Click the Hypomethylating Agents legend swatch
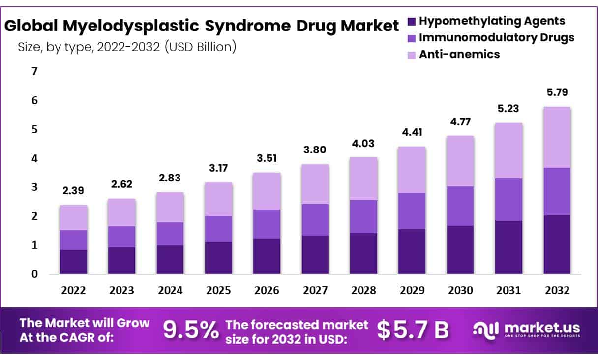click(x=412, y=21)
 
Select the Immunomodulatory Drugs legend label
click(x=496, y=37)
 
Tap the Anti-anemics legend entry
click(x=459, y=54)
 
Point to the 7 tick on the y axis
click(x=34, y=72)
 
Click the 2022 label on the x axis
click(x=73, y=291)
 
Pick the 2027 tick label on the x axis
click(x=315, y=291)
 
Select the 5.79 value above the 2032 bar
click(x=557, y=92)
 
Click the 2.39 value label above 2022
click(x=73, y=190)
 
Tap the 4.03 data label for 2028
click(x=363, y=143)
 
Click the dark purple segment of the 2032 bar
click(x=557, y=244)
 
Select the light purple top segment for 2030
click(x=460, y=161)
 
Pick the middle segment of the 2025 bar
click(x=218, y=229)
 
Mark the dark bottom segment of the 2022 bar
click(x=73, y=262)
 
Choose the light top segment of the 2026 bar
click(x=267, y=191)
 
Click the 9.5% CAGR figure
click(x=191, y=330)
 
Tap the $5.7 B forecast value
click(x=413, y=330)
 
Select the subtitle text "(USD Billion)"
click(x=201, y=47)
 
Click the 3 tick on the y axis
click(x=34, y=187)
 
